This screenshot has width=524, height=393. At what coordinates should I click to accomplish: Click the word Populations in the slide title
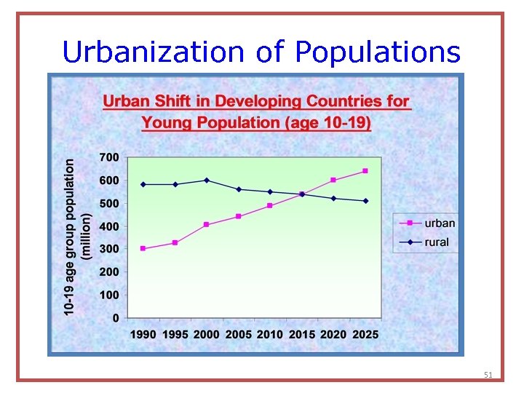pos(378,52)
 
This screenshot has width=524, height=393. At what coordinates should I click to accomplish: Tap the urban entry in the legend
pos(440,223)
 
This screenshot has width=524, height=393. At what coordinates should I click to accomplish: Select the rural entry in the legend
pos(437,242)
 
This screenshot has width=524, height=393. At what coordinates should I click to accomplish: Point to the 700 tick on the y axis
pos(109,157)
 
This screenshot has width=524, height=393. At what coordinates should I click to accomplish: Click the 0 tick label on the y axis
pos(116,318)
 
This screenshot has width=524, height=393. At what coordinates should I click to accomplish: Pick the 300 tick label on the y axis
pos(109,249)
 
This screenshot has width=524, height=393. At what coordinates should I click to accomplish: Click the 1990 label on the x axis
pos(143,334)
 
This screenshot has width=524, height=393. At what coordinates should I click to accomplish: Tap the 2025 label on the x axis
pos(365,334)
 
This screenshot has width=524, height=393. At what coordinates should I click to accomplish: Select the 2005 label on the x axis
pos(238,334)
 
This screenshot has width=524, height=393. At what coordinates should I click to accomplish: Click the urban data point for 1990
pos(143,248)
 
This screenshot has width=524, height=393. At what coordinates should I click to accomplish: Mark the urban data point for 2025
pos(365,171)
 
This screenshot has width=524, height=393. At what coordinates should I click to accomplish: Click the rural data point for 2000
pos(207,180)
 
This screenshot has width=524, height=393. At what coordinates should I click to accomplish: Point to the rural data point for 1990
pos(143,184)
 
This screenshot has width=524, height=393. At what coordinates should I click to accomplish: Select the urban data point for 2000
pos(207,224)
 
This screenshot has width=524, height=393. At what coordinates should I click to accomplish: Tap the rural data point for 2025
pos(365,201)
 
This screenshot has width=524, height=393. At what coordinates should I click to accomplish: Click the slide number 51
pos(488,375)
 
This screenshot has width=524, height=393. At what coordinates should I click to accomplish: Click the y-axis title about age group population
pos(76,237)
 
